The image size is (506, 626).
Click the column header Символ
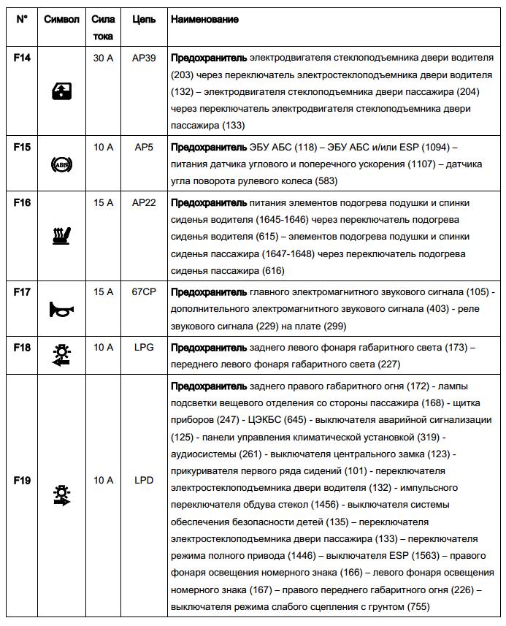tap(61, 20)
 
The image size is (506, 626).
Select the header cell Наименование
tap(204, 20)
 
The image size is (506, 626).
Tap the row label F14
tap(22, 56)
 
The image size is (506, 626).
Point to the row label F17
tap(22, 292)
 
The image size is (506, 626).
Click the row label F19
tap(22, 481)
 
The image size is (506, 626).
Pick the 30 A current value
tap(103, 56)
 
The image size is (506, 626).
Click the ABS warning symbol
tap(61, 166)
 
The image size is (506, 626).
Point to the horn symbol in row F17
tap(61, 310)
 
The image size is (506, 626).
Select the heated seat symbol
tap(61, 234)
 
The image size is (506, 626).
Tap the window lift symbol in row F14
tap(61, 91)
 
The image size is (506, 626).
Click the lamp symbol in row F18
tap(61, 356)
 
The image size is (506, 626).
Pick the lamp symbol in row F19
tap(61, 496)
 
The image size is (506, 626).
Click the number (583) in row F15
tap(325, 180)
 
